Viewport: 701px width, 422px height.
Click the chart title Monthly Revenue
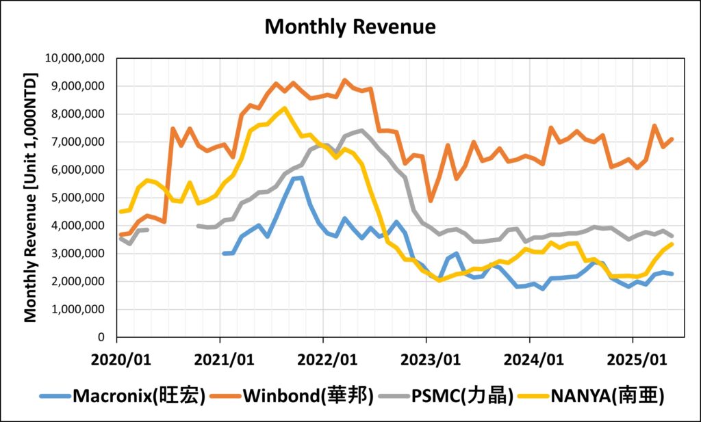click(350, 27)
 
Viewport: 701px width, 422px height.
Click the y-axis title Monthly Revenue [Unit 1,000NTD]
click(31, 198)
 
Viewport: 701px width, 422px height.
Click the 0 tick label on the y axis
click(100, 337)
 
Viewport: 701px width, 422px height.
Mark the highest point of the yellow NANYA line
click(284, 108)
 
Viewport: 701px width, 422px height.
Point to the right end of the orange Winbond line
click(672, 139)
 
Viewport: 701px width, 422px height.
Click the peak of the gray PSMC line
click(361, 130)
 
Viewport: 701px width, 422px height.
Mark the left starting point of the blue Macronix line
click(224, 253)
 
